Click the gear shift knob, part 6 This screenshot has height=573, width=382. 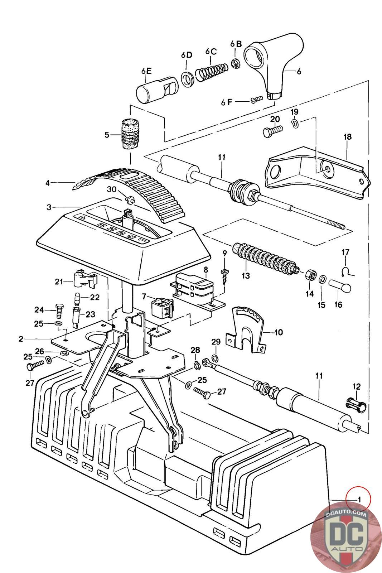tap(273, 65)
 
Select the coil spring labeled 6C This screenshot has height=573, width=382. tap(212, 71)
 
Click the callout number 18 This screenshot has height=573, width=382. tap(348, 136)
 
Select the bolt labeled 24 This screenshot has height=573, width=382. tap(59, 311)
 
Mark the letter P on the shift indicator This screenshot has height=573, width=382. tap(82, 218)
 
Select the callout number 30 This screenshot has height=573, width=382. tap(111, 189)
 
